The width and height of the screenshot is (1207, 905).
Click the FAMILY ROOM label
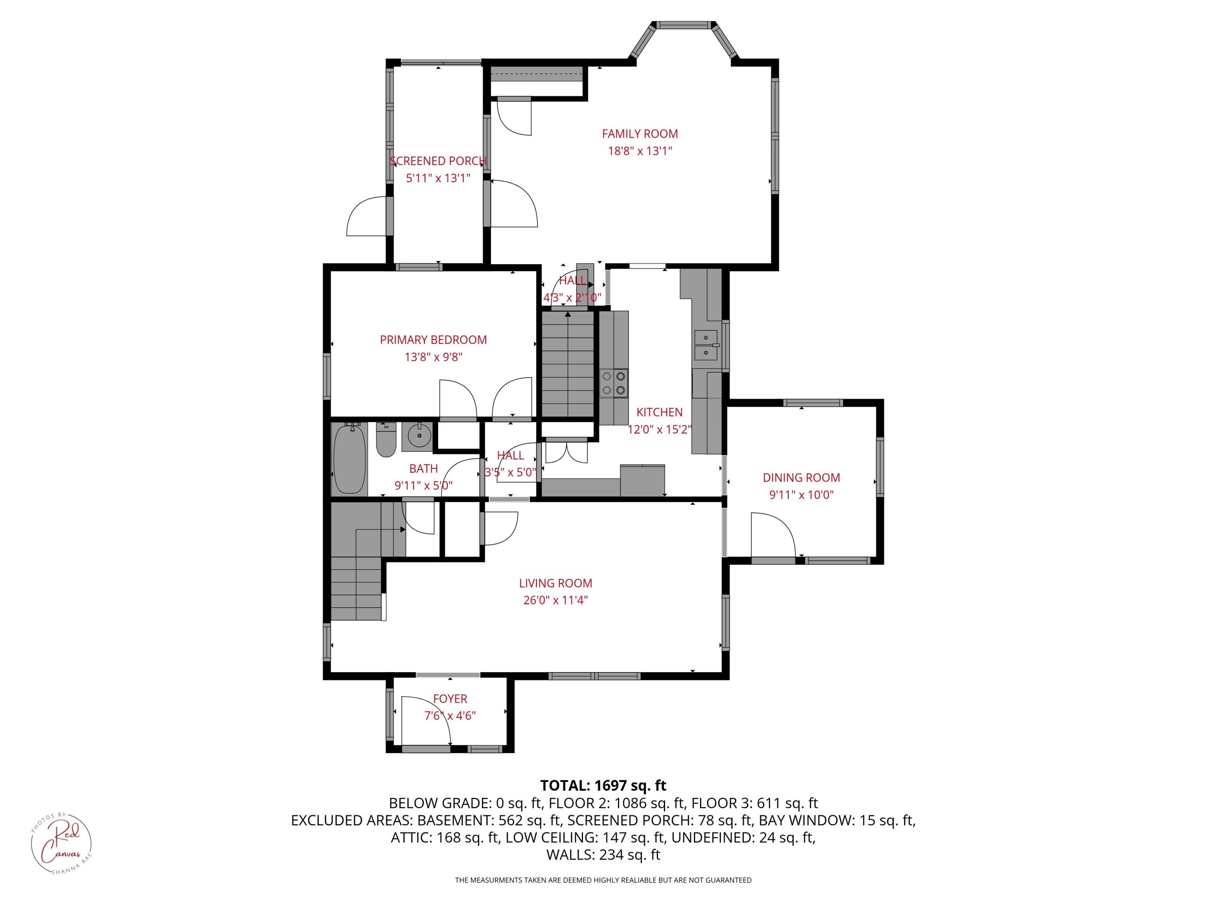(x=640, y=134)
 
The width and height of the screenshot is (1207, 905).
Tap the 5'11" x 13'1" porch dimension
(x=438, y=178)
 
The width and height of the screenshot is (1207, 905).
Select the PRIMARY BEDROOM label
(x=433, y=340)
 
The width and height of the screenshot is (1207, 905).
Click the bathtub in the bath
(x=349, y=459)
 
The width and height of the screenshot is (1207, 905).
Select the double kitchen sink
(x=706, y=345)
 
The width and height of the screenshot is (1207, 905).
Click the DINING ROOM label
(x=801, y=478)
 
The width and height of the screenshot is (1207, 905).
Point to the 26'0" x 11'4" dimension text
(x=556, y=601)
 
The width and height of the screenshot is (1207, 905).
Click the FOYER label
(x=450, y=699)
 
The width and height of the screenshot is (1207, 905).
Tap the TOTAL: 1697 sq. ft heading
(x=603, y=786)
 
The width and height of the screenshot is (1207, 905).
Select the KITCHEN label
(x=659, y=412)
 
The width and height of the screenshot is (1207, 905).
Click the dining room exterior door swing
(x=772, y=536)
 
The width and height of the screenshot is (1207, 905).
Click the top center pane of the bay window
(x=685, y=25)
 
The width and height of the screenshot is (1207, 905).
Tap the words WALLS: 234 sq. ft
(x=603, y=855)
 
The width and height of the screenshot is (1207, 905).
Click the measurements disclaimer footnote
(x=603, y=880)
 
